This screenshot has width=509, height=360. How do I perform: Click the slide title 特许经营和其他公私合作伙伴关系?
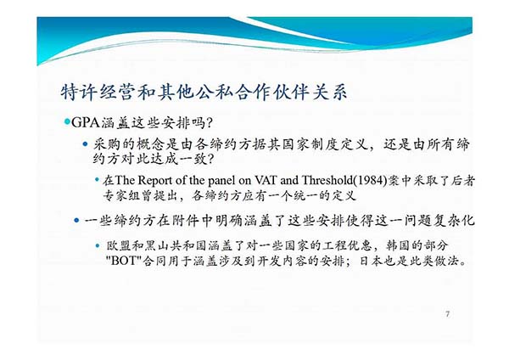(204, 92)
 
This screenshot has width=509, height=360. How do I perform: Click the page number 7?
(448, 314)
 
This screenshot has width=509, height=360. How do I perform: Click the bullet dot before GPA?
(67, 122)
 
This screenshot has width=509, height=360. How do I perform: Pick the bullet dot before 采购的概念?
(85, 144)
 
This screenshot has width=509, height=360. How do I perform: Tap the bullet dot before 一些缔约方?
(76, 221)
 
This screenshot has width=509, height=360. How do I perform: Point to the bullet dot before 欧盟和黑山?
(98, 245)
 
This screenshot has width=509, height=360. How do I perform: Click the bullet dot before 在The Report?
(97, 179)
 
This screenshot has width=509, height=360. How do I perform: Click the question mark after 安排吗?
(210, 123)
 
